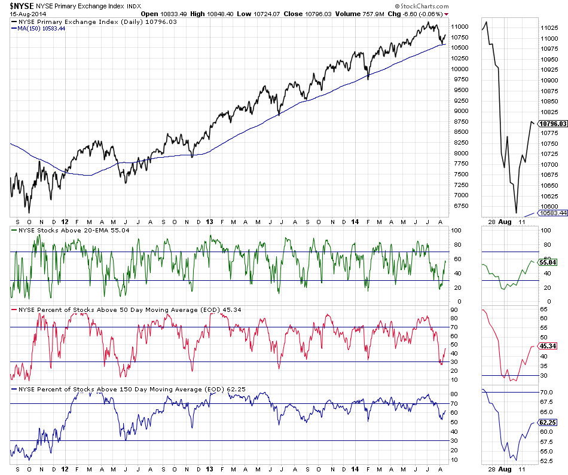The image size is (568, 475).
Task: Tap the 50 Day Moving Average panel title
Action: click(119, 309)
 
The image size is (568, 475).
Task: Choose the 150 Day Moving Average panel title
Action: click(120, 390)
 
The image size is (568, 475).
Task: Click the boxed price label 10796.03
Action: click(552, 124)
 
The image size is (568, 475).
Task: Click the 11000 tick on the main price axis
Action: click(459, 27)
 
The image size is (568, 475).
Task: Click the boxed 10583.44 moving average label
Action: click(552, 213)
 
